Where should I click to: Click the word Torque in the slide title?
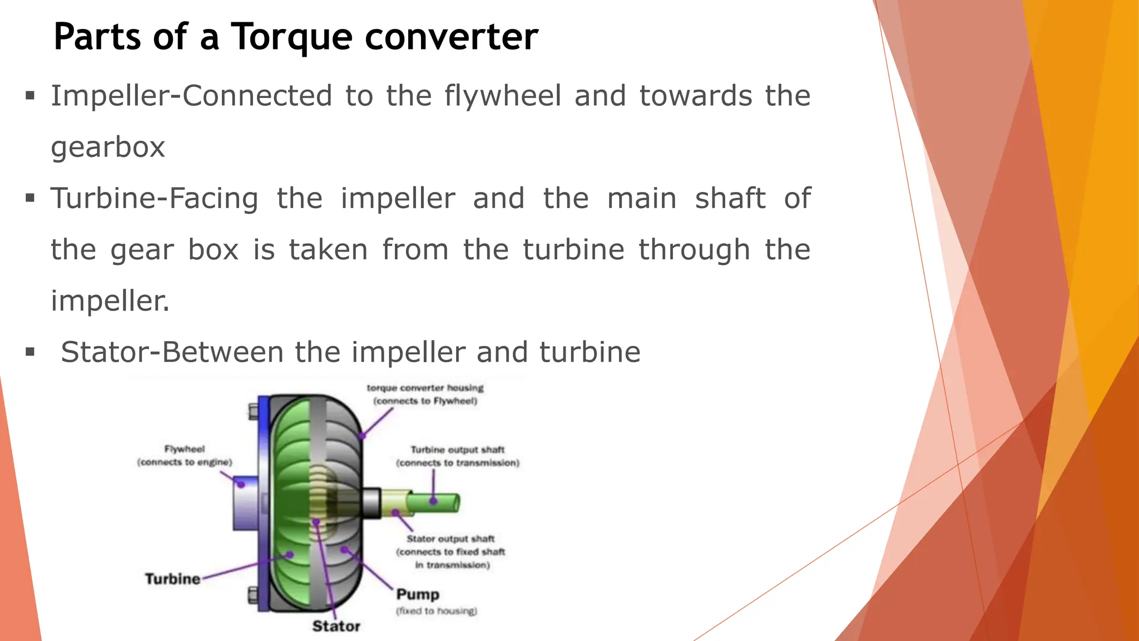291,37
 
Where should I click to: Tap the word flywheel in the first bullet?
503,96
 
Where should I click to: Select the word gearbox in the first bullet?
108,147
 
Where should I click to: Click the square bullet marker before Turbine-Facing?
30,198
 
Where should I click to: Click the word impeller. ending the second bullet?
110,301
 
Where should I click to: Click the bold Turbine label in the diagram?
172,579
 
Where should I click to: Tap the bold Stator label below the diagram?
336,627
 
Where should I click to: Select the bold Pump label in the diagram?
418,595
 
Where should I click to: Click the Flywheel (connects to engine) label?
184,456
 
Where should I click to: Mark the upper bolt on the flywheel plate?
253,411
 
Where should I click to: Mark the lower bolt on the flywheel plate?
253,595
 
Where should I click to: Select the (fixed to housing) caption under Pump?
437,611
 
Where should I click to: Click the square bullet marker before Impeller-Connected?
30,96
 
